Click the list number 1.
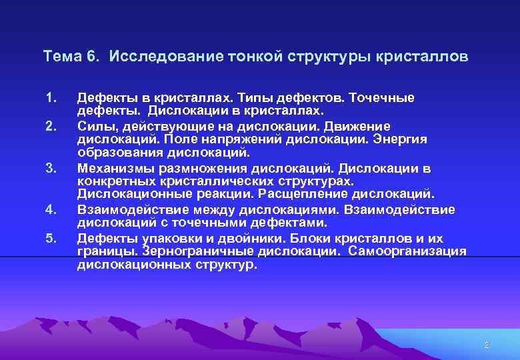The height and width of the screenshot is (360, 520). (x=49, y=98)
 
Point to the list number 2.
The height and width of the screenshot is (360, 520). (x=49, y=126)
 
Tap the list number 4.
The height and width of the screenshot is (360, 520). (x=49, y=209)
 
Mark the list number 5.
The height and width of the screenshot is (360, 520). (x=49, y=238)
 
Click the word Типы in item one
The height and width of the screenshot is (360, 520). (x=266, y=98)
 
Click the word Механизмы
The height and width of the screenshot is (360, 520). (x=111, y=167)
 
